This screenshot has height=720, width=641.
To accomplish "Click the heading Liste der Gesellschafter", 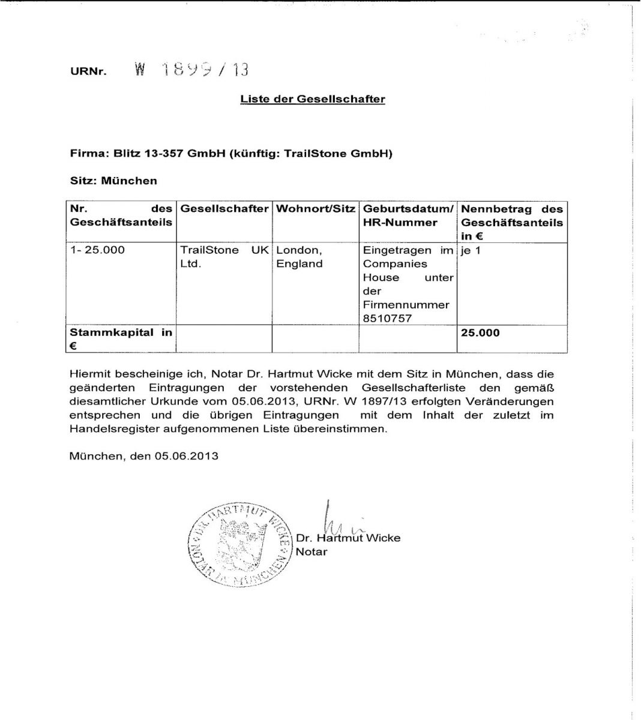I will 313,99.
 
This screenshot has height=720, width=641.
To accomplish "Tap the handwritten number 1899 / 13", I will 191,70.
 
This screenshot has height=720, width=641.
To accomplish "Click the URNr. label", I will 88,71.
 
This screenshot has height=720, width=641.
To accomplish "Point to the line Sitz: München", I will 113,181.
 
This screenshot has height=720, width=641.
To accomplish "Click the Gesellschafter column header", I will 224,209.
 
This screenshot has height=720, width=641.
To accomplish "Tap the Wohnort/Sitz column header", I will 315,209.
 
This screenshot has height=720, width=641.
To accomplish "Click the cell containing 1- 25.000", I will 97,250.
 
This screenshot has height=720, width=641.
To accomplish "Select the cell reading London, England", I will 299,257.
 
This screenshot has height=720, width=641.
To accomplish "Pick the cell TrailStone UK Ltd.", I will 224,257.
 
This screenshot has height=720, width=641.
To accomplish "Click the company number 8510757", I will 387,318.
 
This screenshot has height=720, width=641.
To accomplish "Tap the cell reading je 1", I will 471,250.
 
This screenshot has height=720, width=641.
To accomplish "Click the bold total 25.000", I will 480,332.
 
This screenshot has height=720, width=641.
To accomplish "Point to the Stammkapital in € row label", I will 120,338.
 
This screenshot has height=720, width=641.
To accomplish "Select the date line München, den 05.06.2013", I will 144,455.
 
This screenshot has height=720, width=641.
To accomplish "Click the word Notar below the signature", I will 311,551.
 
